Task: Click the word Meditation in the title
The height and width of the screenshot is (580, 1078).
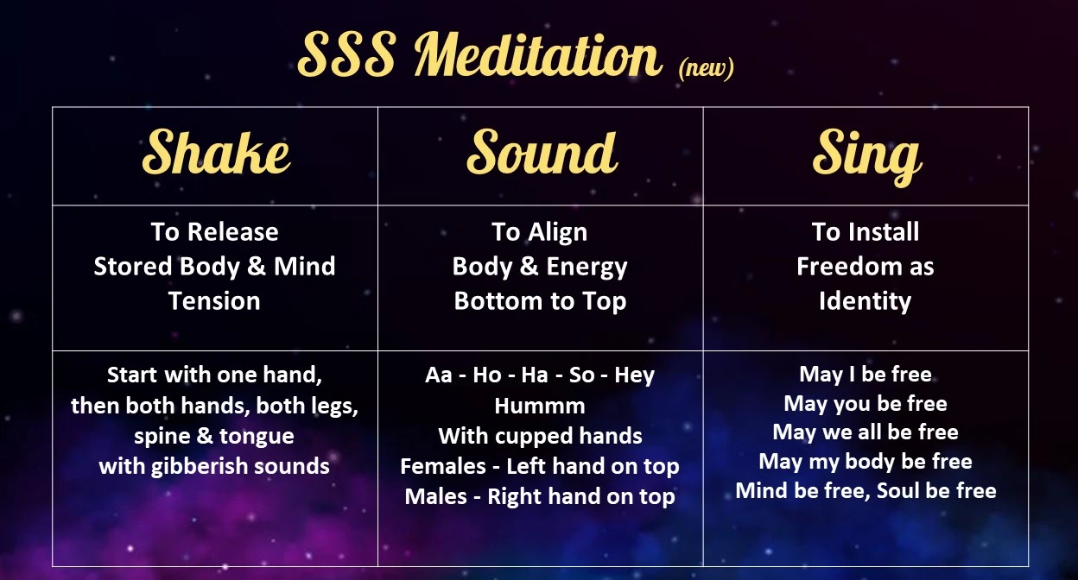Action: [537, 57]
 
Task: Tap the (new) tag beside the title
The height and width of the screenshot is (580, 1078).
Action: [706, 68]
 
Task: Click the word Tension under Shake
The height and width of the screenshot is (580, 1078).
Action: [214, 301]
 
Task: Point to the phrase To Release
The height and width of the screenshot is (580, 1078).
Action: [214, 232]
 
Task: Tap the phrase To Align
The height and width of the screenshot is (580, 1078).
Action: [540, 232]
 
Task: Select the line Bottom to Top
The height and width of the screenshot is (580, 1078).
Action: [540, 301]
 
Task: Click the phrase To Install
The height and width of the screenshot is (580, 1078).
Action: [866, 232]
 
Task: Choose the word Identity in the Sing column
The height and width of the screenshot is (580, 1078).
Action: [866, 301]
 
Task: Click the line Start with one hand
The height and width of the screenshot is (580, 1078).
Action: [214, 375]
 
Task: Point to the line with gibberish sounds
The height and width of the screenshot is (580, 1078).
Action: [214, 467]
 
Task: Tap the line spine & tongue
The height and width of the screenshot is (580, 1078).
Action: [214, 437]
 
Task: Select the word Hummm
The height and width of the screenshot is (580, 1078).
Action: [540, 406]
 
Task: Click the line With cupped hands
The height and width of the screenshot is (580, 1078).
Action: [540, 436]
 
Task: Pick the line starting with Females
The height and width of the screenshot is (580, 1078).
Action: [540, 467]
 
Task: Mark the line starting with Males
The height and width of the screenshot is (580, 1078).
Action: [540, 497]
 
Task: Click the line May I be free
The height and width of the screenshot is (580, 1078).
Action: [866, 375]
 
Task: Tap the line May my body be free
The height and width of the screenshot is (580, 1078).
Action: [866, 462]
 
